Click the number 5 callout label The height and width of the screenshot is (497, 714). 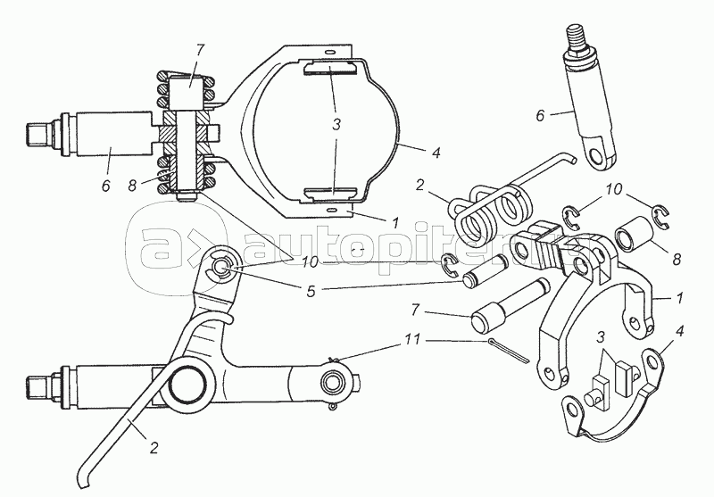point(311,292)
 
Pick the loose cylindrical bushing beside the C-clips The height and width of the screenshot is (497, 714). point(636,234)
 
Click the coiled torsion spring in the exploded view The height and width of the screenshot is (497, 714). point(487,211)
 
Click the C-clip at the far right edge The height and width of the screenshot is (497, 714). point(660,216)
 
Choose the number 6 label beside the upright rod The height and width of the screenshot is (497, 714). point(540,116)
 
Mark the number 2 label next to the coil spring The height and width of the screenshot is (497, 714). point(419,185)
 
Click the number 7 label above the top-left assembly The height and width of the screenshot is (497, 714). point(200,50)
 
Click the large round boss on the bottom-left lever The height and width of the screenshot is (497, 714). point(187,383)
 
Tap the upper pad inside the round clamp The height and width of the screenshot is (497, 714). point(328,69)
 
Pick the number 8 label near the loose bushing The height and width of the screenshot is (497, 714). point(677,260)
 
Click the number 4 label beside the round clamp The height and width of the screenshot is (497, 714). point(436,153)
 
